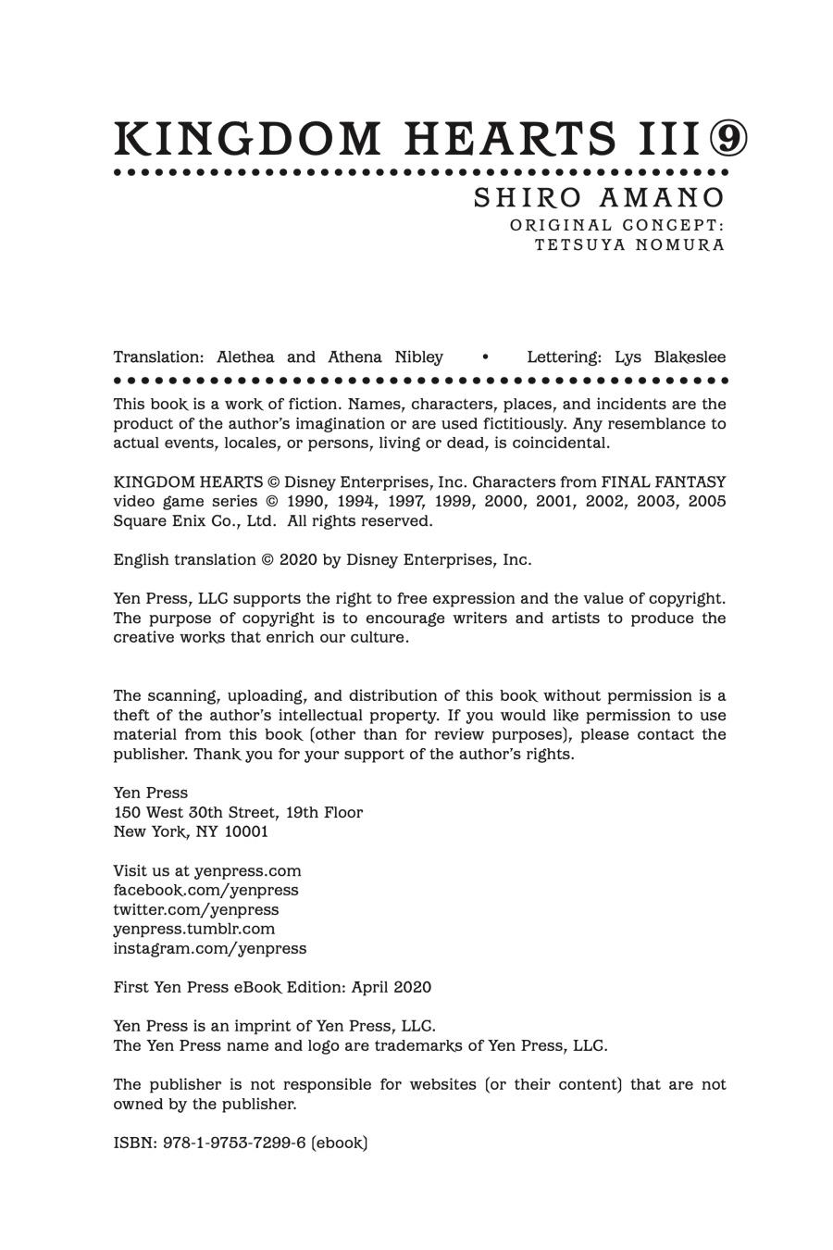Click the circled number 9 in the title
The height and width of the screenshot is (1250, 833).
pyautogui.click(x=728, y=139)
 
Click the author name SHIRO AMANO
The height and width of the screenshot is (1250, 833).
pyautogui.click(x=599, y=198)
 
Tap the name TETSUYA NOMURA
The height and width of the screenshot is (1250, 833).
pyautogui.click(x=629, y=245)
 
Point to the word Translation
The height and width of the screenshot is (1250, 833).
pyautogui.click(x=157, y=356)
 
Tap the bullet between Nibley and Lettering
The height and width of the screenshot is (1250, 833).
pyautogui.click(x=485, y=356)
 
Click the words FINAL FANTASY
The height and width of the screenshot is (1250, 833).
pyautogui.click(x=664, y=481)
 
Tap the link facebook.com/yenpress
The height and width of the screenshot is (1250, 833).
pyautogui.click(x=205, y=890)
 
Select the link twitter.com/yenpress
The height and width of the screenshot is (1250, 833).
pyautogui.click(x=195, y=909)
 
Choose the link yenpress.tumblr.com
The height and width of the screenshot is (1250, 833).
pyautogui.click(x=193, y=929)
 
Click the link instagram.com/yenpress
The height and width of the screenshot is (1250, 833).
pyautogui.click(x=209, y=948)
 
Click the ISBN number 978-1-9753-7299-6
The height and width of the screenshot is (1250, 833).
pyautogui.click(x=234, y=1143)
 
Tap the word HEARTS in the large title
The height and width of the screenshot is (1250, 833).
pyautogui.click(x=510, y=139)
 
